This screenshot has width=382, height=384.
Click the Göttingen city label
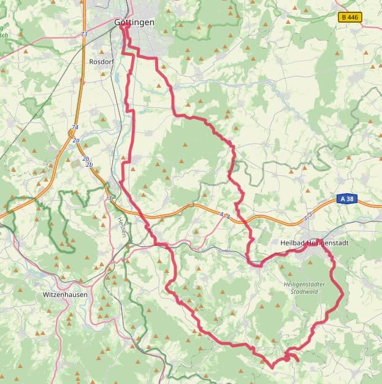point(134,23)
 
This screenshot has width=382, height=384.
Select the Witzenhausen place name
point(65,294)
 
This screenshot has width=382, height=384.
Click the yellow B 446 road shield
point(350,18)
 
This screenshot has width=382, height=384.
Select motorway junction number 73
point(84,34)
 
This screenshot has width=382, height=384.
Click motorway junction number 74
point(75,128)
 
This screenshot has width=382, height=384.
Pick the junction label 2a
point(76,140)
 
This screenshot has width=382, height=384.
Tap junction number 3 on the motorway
point(109,198)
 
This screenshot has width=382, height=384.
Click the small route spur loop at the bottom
point(291,356)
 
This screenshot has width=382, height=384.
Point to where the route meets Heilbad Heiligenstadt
point(319,240)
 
